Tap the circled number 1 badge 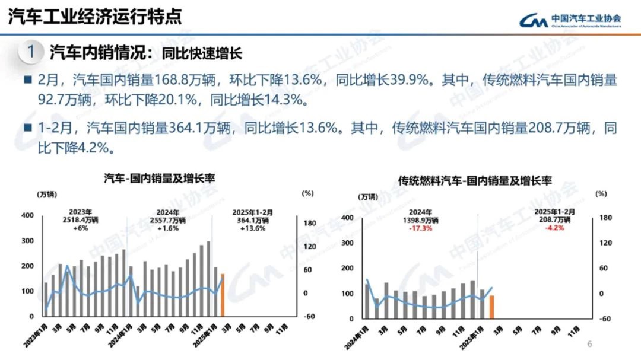(x=31, y=52)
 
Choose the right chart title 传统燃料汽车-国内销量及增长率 (x=475, y=180)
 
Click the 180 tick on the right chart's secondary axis (x=605, y=218)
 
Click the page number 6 (x=589, y=344)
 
